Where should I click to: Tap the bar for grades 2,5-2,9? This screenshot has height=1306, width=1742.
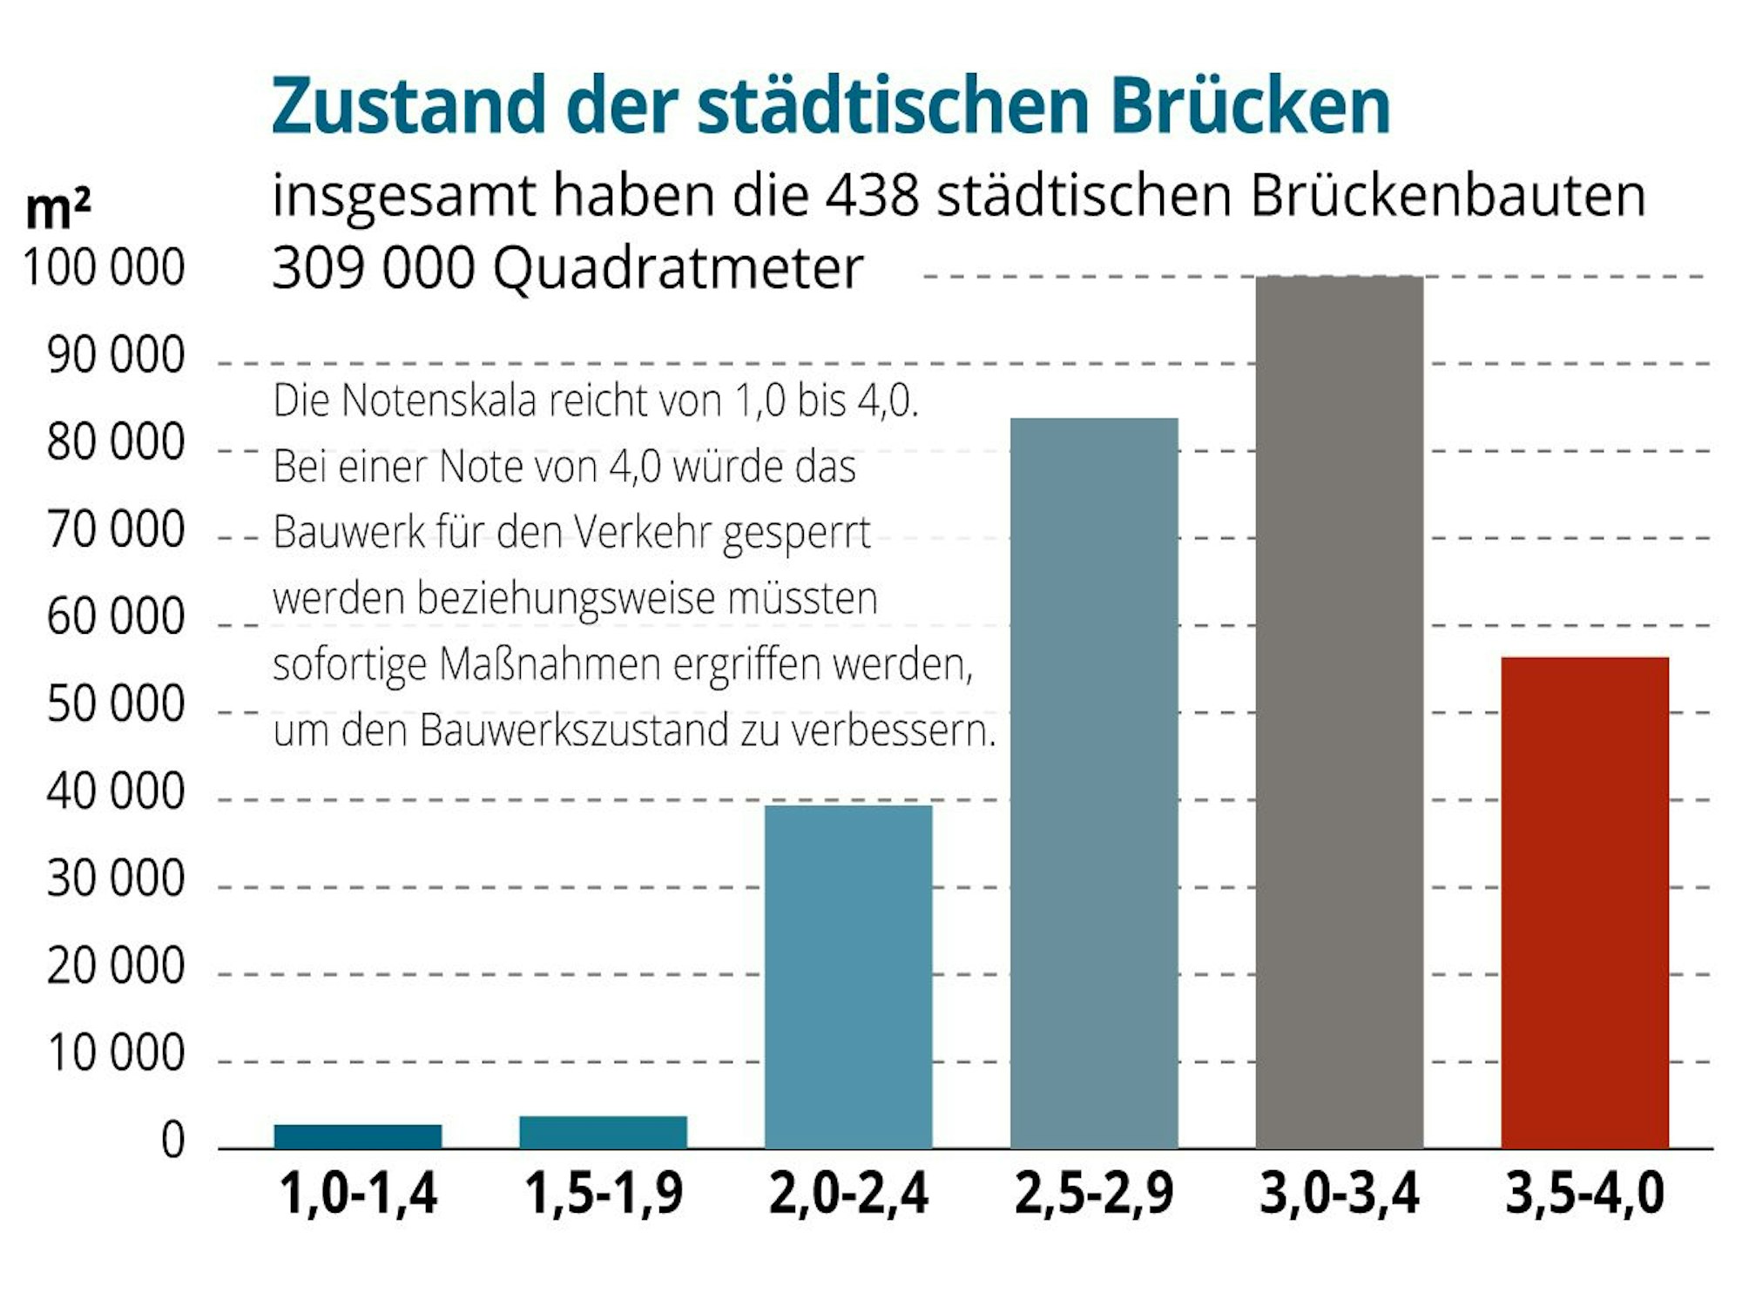coord(1094,783)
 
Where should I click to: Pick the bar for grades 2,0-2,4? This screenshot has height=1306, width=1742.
coord(848,976)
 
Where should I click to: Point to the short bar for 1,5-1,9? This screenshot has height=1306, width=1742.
coord(603,1132)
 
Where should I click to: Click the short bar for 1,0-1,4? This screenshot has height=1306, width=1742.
coord(358,1136)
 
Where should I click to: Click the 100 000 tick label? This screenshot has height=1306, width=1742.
coord(104,267)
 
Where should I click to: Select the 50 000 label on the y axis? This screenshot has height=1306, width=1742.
coord(116,704)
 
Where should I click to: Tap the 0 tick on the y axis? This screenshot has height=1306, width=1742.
coord(173,1141)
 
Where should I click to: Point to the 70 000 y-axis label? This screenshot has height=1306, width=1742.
coord(116,529)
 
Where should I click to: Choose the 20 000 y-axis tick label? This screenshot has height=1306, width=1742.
coord(116,966)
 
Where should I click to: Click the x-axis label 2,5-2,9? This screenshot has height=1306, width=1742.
coord(1094,1194)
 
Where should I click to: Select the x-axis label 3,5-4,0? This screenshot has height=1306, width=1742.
coord(1584,1194)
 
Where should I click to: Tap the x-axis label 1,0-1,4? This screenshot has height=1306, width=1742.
coord(358,1194)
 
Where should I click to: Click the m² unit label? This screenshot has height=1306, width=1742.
coord(57,209)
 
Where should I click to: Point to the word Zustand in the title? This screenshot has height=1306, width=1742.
coord(408,106)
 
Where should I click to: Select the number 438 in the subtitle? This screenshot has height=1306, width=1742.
coord(872,195)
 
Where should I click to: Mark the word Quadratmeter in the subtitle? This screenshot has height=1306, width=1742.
coord(678,267)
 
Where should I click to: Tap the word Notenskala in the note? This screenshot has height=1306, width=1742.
coord(438,401)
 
